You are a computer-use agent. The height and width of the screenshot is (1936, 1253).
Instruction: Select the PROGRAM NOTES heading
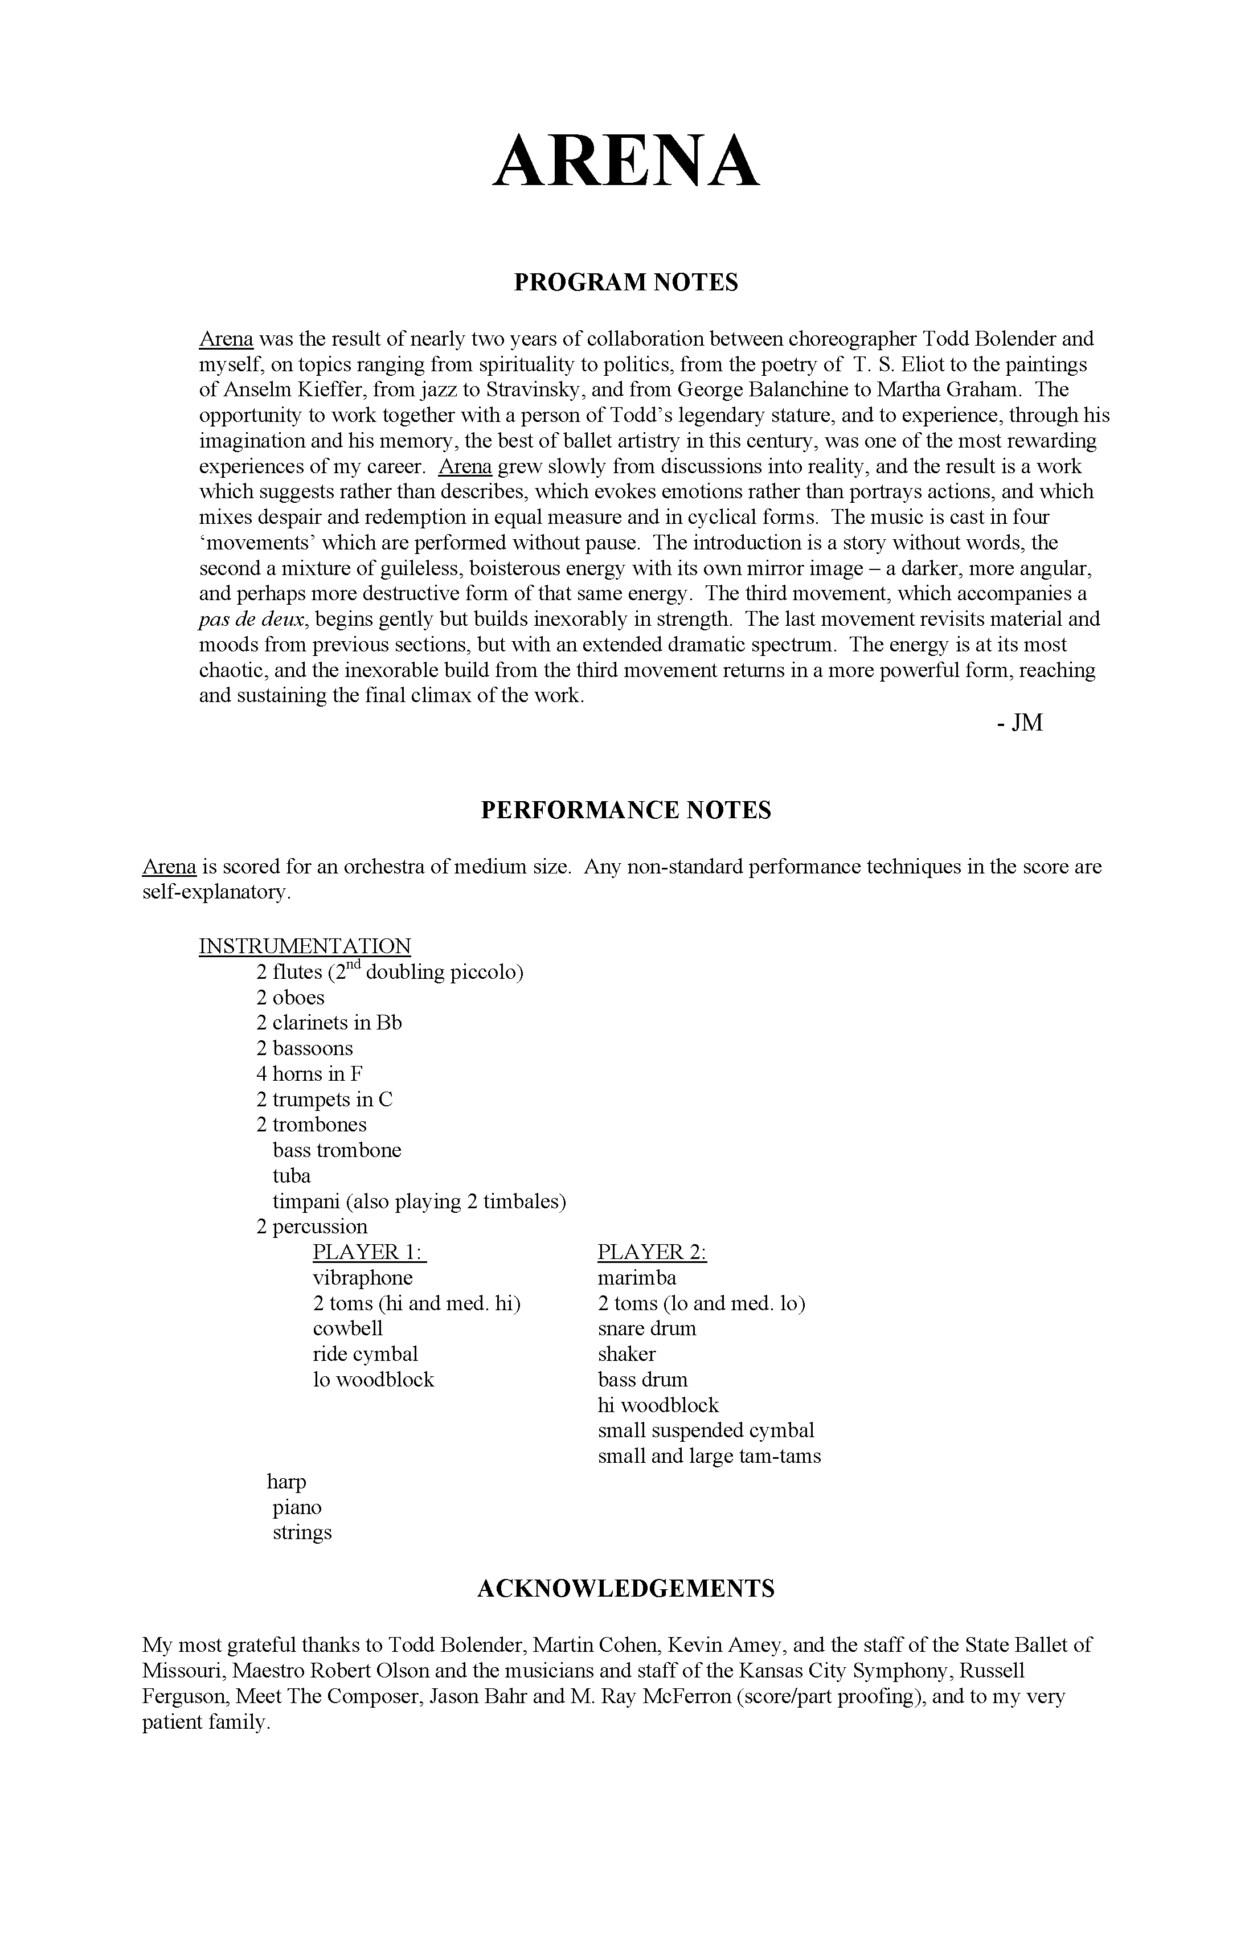[x=626, y=282]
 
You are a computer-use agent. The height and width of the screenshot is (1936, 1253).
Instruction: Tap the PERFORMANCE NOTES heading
[x=626, y=810]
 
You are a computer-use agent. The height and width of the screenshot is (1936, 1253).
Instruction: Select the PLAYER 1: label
[x=370, y=1253]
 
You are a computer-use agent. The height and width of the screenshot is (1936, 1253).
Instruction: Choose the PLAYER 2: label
[x=652, y=1253]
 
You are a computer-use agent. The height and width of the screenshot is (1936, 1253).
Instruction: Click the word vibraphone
[x=362, y=1278]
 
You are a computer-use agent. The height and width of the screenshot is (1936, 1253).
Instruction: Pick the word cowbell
[x=347, y=1329]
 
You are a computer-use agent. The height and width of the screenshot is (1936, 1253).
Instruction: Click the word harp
[x=286, y=1483]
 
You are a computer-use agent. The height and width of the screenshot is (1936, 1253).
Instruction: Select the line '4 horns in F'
[x=309, y=1074]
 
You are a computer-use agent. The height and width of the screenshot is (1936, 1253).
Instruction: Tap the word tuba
[x=291, y=1176]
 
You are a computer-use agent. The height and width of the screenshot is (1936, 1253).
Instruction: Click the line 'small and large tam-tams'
[x=709, y=1456]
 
